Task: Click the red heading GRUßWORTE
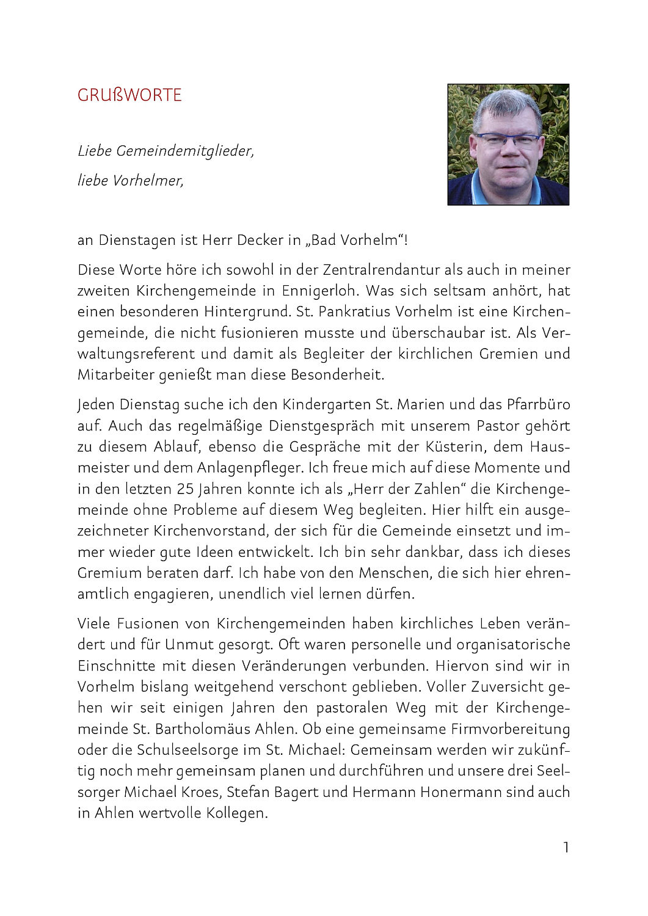tap(129, 95)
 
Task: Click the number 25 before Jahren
tap(185, 489)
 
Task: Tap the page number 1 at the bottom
tap(566, 848)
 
